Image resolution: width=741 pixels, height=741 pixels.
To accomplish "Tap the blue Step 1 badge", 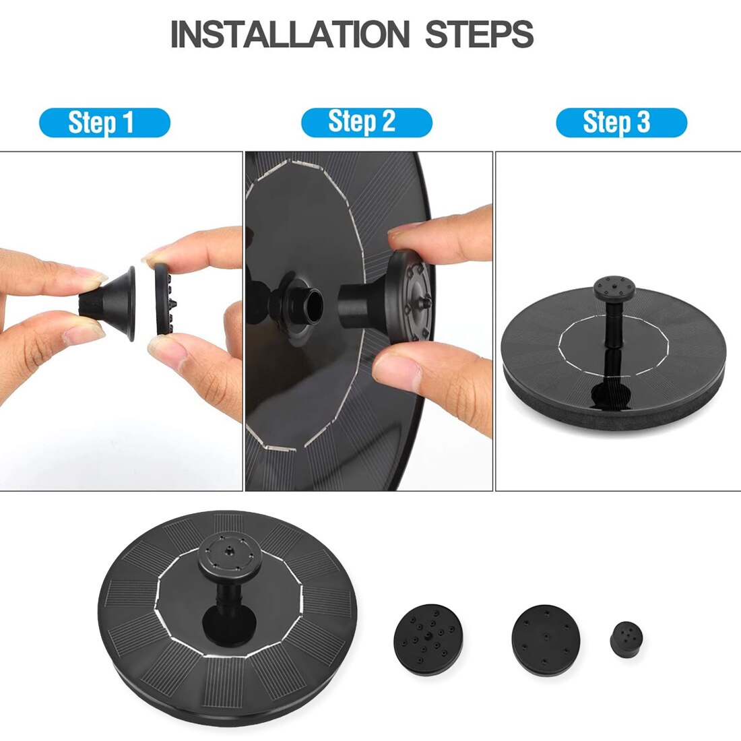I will point(104,123).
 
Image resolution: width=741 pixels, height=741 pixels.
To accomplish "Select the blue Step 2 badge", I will point(366,122).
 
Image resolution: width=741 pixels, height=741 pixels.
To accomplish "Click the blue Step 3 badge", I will point(620,123).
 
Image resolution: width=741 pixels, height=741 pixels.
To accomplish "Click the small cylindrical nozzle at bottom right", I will point(626,638).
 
